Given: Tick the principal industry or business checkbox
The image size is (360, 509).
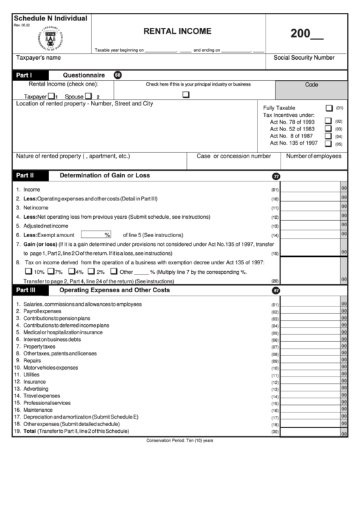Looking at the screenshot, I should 185,95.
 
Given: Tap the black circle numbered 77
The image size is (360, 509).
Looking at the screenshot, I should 276,176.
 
